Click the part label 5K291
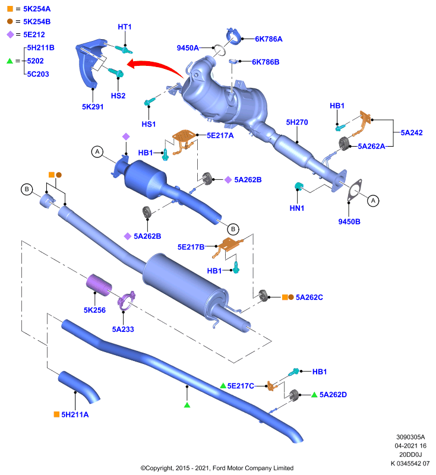93,107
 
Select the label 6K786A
268,39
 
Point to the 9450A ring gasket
219,50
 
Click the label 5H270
297,122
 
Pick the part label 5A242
412,132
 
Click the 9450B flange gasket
355,191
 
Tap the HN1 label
297,208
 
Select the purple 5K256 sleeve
99,284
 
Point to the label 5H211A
75,414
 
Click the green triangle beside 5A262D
314,394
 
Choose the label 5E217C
241,385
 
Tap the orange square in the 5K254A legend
10,9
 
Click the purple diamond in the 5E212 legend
10,34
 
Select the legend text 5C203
38,74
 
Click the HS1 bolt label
149,124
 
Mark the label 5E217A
220,135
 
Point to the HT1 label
125,27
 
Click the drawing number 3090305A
410,437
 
